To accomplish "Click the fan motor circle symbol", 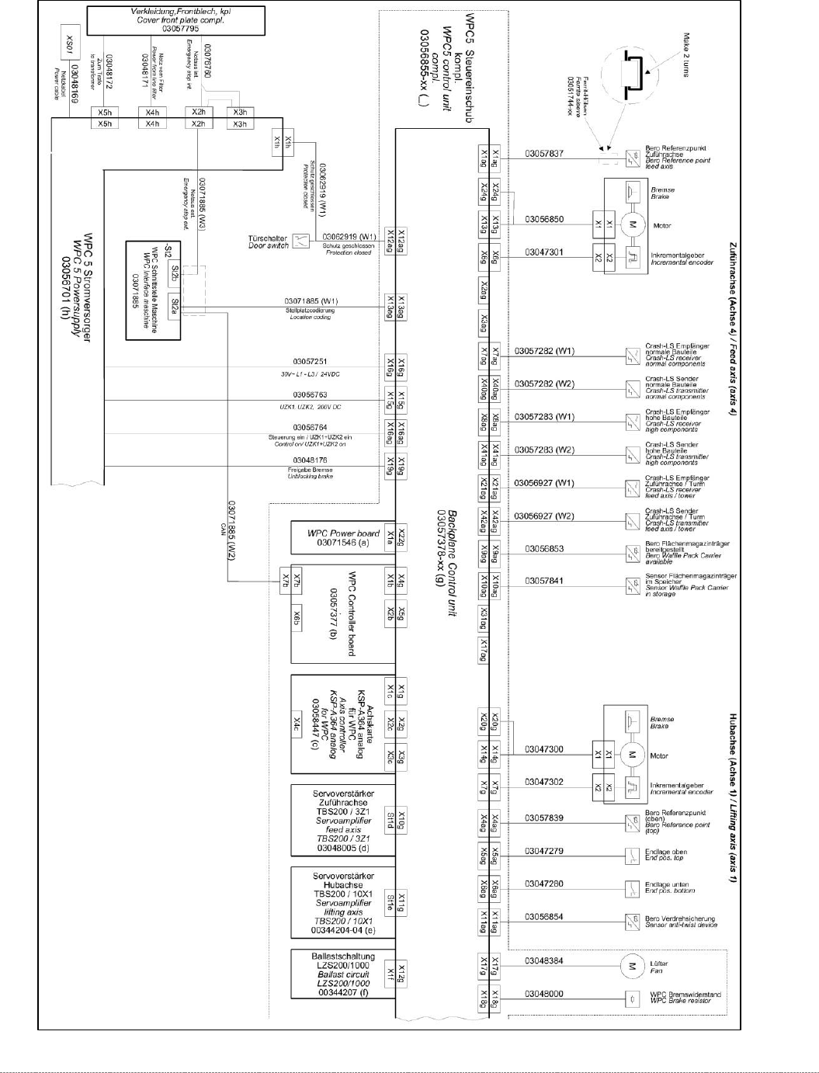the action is (631, 966).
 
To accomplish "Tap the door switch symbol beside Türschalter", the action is (300, 241).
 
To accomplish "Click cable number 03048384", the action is (544, 961).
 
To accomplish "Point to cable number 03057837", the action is (544, 154).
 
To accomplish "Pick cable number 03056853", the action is (544, 549).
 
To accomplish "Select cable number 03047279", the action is (544, 851).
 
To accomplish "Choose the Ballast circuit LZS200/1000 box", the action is (342, 974).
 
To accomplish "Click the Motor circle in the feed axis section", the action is (631, 225).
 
